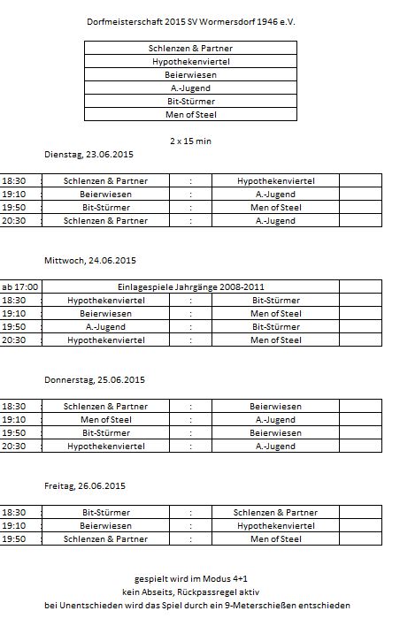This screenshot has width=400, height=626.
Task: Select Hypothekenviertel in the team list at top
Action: (191, 61)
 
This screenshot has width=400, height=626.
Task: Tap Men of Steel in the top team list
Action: (191, 114)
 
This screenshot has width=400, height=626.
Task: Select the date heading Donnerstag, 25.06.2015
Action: (95, 379)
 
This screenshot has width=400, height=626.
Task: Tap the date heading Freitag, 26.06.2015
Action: (85, 485)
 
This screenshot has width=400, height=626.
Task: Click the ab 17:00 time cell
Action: (20, 286)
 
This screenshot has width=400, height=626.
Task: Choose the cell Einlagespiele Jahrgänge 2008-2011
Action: (191, 286)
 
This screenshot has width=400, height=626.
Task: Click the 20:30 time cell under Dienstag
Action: (14, 220)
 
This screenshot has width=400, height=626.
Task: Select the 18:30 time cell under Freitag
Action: (14, 512)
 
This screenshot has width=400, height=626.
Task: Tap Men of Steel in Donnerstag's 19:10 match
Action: (106, 419)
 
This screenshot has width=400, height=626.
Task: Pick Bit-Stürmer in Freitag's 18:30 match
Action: (106, 512)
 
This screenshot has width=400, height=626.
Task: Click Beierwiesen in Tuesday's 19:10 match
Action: (106, 194)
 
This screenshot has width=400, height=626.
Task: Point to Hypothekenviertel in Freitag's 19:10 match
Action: (275, 525)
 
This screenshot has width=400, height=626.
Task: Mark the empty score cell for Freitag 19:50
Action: (360, 538)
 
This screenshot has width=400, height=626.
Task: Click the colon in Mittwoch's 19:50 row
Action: (190, 326)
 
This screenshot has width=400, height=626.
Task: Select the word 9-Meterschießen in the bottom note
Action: (267, 606)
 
